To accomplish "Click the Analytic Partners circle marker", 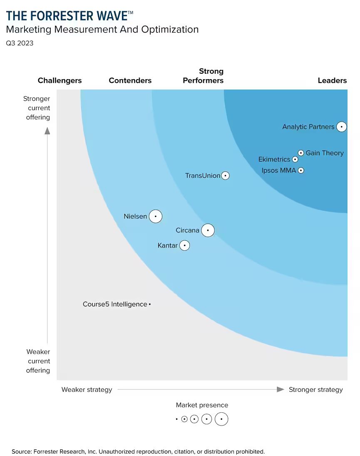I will click(x=341, y=127).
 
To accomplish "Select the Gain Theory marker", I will click(x=301, y=153).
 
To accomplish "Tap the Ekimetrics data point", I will click(x=295, y=159).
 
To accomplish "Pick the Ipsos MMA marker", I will click(x=301, y=170).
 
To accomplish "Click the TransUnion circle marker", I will click(x=225, y=176).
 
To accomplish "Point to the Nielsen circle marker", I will click(x=155, y=217).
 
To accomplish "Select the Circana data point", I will click(x=208, y=230).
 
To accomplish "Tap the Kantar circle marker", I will click(x=185, y=246).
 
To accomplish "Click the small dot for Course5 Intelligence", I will click(x=150, y=304).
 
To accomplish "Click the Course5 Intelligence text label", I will click(x=115, y=304).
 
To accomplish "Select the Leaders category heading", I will click(x=332, y=80).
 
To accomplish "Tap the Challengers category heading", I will click(x=60, y=80).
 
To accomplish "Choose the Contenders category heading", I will click(x=130, y=80).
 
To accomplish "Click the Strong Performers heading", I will click(x=203, y=76).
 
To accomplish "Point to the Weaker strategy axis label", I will click(x=87, y=390).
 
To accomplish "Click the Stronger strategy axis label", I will click(x=315, y=390).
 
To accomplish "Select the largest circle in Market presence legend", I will click(x=221, y=419).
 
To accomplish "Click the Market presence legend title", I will click(x=202, y=405).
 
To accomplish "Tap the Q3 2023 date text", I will click(x=20, y=43).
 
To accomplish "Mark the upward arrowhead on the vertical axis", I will click(x=47, y=131).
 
